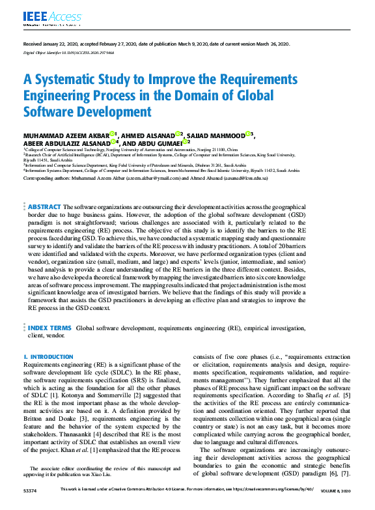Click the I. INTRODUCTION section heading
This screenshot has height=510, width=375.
click(x=48, y=357)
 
